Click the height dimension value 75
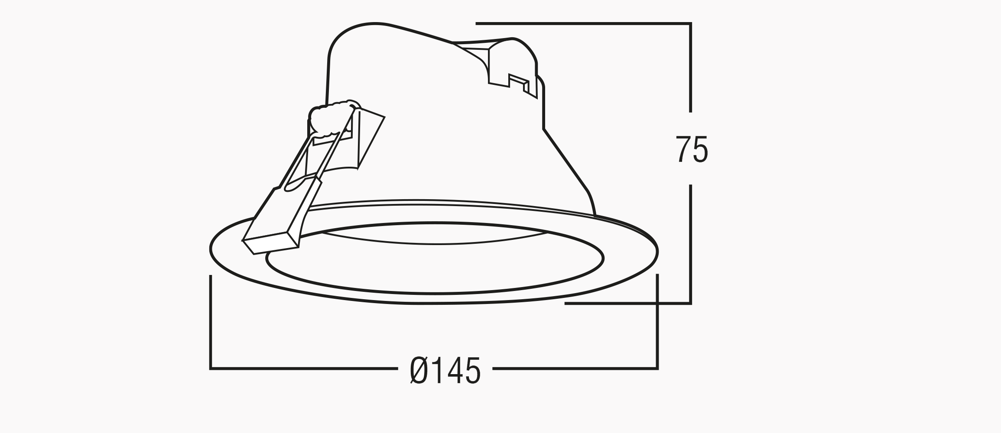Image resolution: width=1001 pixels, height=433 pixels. (x=692, y=149)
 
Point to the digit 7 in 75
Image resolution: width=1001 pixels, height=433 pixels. (x=684, y=149)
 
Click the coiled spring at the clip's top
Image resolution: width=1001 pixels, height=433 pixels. (x=334, y=119)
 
